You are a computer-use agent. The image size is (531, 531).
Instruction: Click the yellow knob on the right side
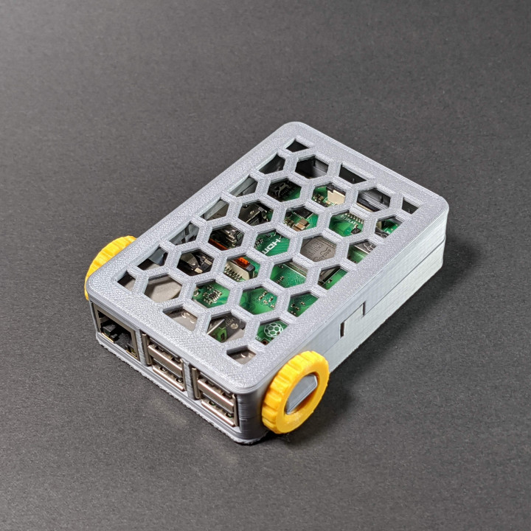coord(296,392)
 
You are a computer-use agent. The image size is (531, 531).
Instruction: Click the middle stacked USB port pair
coord(167,362)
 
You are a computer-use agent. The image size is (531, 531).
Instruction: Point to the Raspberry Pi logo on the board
coord(274,330)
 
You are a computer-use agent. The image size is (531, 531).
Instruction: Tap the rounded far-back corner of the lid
coord(295,128)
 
